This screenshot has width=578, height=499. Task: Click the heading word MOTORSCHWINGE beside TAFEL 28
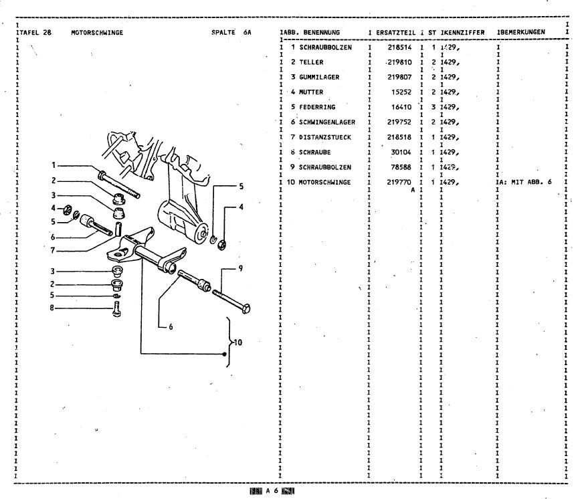tap(96, 32)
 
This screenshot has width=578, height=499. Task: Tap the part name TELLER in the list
tap(311, 62)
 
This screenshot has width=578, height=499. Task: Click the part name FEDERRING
tap(318, 107)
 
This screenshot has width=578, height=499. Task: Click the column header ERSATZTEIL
tap(395, 32)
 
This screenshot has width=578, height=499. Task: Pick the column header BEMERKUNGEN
tap(522, 32)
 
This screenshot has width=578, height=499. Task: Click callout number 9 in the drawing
tap(240, 268)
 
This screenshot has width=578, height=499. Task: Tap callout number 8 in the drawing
tap(52, 308)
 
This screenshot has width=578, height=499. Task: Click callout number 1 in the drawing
tap(52, 165)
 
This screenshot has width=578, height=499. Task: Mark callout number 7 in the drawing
tap(52, 251)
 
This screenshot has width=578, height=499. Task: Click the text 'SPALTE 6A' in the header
tap(231, 32)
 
